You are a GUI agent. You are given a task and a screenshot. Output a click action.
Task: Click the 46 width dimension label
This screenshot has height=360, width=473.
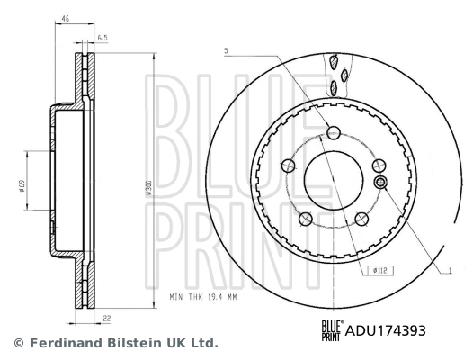[66, 18]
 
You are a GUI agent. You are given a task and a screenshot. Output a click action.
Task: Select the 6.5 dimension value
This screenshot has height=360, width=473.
[103, 38]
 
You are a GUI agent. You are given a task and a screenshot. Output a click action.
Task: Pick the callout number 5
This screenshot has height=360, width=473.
[227, 49]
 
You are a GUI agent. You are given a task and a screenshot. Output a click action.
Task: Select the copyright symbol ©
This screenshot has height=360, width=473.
[17, 343]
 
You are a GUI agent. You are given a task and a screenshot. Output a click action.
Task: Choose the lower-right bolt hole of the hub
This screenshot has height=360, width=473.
[362, 219]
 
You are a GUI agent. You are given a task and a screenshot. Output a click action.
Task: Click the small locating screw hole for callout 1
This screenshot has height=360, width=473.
[380, 184]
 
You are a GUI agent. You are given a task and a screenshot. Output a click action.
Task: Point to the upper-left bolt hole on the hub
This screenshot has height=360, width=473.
[287, 166]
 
